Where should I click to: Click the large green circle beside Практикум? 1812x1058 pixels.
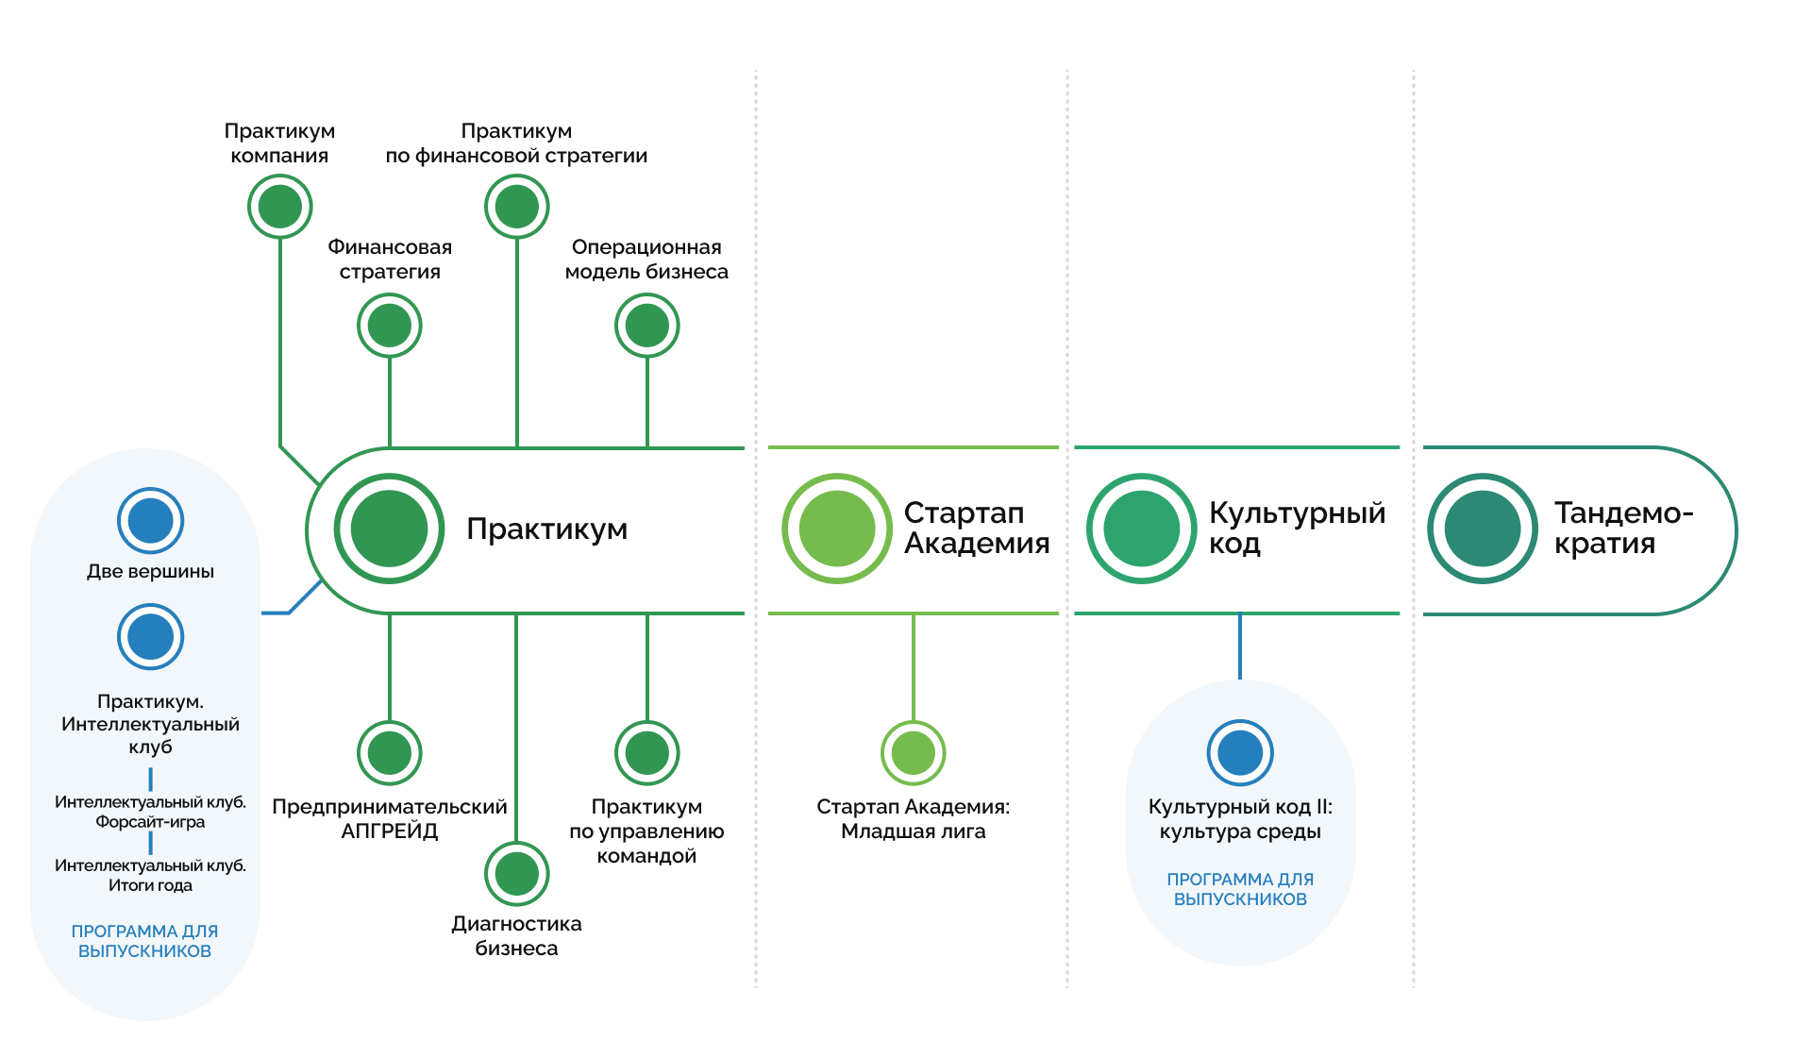389,529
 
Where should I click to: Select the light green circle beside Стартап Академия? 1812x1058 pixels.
837,529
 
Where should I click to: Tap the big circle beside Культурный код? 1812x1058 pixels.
1142,529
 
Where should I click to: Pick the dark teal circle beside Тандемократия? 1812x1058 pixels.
1483,529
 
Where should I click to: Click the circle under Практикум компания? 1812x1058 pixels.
280,207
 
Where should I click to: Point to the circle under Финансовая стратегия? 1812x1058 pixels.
390,326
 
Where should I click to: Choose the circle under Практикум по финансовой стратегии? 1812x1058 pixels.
517,207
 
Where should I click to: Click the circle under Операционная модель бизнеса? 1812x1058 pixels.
647,326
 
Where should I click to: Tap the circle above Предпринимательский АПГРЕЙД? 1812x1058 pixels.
390,753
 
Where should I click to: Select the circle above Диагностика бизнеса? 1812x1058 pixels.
517,874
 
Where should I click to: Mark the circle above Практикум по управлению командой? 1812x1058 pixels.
647,753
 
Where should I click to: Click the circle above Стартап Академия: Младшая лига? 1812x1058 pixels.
914,753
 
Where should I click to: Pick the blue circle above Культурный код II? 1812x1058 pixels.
1241,753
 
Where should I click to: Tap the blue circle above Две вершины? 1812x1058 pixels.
151,521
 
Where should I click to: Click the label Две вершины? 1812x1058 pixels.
151,571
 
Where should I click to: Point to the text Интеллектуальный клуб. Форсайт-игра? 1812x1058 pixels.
151,812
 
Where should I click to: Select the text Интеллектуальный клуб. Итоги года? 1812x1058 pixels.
151,875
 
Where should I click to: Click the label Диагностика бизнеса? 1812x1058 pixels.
517,935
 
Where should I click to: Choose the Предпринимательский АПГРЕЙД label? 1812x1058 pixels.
390,818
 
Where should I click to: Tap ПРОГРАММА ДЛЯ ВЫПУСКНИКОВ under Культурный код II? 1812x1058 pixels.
1241,889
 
